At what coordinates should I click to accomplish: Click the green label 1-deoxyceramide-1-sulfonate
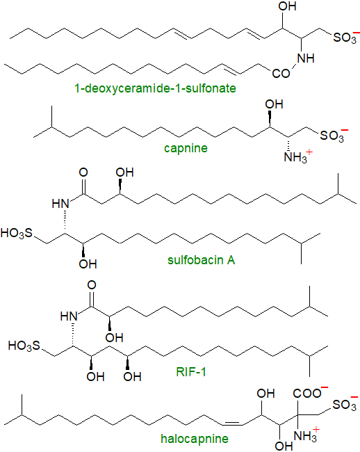[x=155, y=88]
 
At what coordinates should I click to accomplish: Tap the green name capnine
[x=186, y=148]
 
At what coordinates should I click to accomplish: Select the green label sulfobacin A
[x=202, y=260]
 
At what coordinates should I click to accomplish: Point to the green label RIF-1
[x=191, y=372]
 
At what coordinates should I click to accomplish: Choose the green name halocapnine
[x=195, y=439]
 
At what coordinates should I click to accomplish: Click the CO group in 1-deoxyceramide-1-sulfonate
[x=281, y=74]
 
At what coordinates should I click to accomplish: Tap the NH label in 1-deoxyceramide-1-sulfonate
[x=306, y=58]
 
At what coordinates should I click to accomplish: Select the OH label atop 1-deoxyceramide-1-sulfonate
[x=288, y=6]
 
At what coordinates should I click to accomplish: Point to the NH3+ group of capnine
[x=297, y=157]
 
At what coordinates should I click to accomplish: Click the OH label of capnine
[x=275, y=104]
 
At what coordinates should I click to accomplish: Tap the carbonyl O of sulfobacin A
[x=83, y=172]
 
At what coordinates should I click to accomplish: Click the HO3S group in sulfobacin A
[x=17, y=233]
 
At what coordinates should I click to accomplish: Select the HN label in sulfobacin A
[x=60, y=204]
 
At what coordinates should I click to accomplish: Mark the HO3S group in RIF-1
[x=24, y=346]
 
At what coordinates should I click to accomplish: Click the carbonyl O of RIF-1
[x=92, y=285]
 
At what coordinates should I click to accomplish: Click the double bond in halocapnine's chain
[x=232, y=423]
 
